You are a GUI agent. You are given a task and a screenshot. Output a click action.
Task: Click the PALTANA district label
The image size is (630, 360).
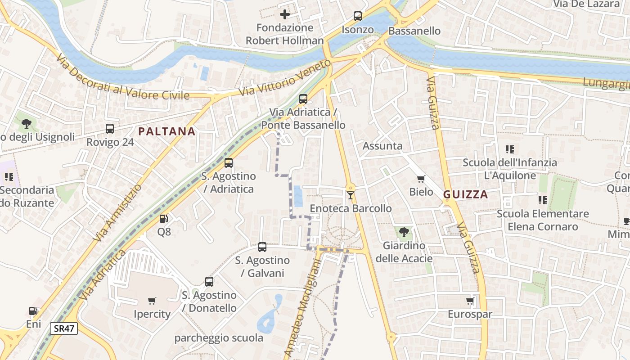click(166, 131)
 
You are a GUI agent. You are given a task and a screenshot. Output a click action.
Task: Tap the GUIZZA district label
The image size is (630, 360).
click(465, 194)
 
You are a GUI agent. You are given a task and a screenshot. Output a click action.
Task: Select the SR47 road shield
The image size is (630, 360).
click(64, 328)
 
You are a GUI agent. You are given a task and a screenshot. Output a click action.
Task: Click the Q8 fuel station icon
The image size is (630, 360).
click(164, 219)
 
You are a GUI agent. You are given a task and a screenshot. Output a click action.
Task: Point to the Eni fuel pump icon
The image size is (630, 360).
click(33, 311)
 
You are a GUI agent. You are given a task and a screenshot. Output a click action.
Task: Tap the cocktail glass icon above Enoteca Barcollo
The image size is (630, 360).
click(351, 195)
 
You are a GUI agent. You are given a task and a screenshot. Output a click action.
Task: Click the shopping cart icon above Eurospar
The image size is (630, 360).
click(470, 301)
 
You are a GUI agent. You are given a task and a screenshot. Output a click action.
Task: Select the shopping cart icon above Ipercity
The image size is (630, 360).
click(152, 301)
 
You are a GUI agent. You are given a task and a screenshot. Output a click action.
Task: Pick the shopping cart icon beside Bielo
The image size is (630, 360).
click(421, 179)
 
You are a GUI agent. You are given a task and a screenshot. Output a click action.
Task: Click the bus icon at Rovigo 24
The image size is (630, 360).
click(110, 129)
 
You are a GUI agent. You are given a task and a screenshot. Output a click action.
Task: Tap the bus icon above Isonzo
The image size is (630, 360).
click(358, 16)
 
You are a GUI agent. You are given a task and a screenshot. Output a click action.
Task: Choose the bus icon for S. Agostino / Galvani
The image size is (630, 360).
click(262, 247)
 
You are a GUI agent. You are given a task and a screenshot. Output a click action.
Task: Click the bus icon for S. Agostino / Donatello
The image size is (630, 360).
click(209, 282)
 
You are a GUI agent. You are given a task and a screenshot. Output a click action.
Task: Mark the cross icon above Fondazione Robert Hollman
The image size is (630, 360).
click(284, 14)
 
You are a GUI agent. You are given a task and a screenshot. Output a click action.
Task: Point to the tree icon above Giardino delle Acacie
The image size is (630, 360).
click(404, 232)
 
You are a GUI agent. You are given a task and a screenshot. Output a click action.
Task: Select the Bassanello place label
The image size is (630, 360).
click(414, 31)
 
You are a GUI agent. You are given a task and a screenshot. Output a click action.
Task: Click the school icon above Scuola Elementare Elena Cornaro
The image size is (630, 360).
click(542, 200)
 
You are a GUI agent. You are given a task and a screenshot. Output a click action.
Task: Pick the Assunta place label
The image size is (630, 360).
click(382, 146)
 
